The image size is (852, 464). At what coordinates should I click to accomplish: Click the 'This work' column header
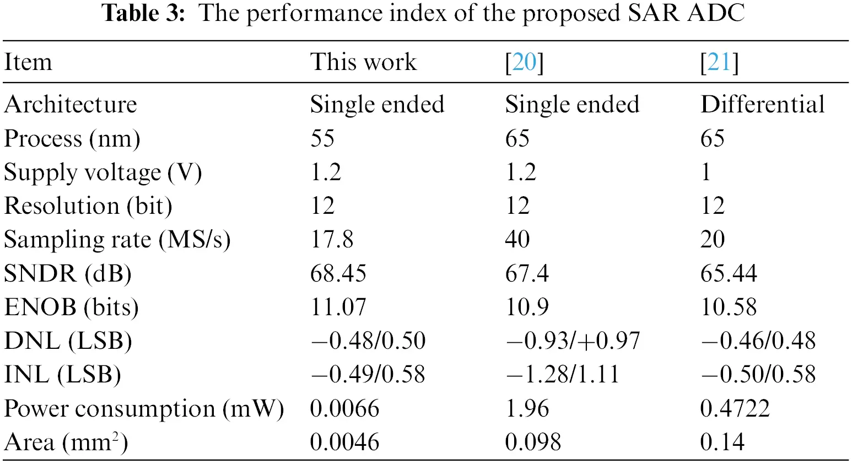(363, 62)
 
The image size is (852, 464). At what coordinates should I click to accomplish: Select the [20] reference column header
(524, 62)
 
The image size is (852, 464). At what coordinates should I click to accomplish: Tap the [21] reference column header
(719, 62)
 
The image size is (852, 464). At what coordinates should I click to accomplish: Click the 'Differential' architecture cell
(762, 105)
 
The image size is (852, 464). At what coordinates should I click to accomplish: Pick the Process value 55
(322, 138)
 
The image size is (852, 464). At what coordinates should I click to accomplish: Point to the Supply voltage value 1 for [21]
(706, 172)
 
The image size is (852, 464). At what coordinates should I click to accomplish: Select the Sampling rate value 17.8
(332, 240)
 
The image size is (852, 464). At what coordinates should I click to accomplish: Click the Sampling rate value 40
(517, 240)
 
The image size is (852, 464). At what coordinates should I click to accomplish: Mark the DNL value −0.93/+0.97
(573, 341)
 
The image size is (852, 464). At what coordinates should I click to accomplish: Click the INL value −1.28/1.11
(562, 375)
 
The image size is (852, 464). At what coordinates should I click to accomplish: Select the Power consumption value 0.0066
(344, 409)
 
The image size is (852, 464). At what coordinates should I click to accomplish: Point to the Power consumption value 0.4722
(735, 409)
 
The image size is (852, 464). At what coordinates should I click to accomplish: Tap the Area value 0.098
(533, 443)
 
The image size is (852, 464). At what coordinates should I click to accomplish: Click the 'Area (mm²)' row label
(66, 443)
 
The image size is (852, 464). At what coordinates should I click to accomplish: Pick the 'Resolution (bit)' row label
(88, 206)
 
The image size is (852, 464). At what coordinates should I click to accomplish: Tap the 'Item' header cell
(28, 62)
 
